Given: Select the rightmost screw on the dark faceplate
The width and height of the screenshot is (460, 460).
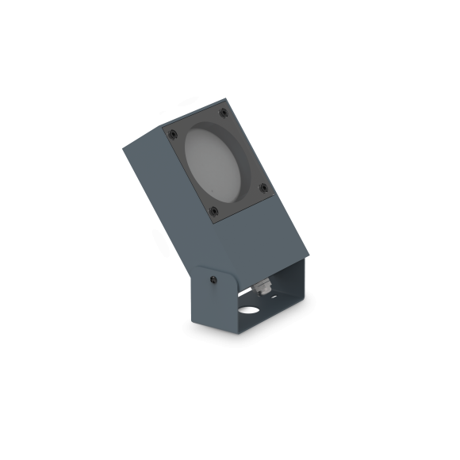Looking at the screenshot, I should (265, 188).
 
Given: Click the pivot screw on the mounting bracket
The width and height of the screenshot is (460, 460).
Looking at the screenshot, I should (213, 278).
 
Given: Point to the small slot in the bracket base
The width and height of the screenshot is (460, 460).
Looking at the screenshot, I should (274, 305).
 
